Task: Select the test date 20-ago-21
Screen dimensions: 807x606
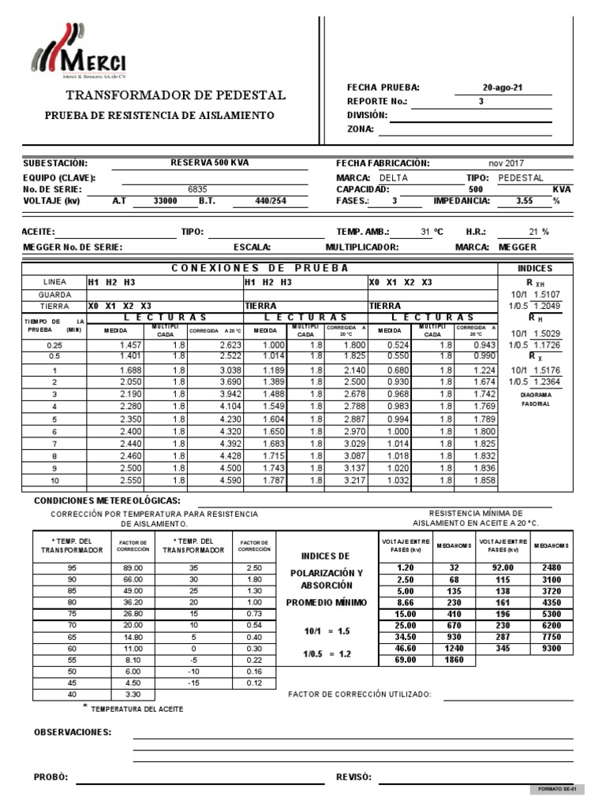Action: click(503, 87)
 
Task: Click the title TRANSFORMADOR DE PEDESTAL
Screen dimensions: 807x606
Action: click(175, 95)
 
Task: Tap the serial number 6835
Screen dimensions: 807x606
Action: click(196, 189)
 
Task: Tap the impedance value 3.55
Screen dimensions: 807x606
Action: click(524, 201)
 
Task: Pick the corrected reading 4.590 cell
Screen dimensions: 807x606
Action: click(214, 480)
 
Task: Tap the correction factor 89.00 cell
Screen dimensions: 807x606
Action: click(131, 567)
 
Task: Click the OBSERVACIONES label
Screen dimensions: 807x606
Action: click(72, 732)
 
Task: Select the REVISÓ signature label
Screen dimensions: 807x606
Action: click(353, 776)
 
